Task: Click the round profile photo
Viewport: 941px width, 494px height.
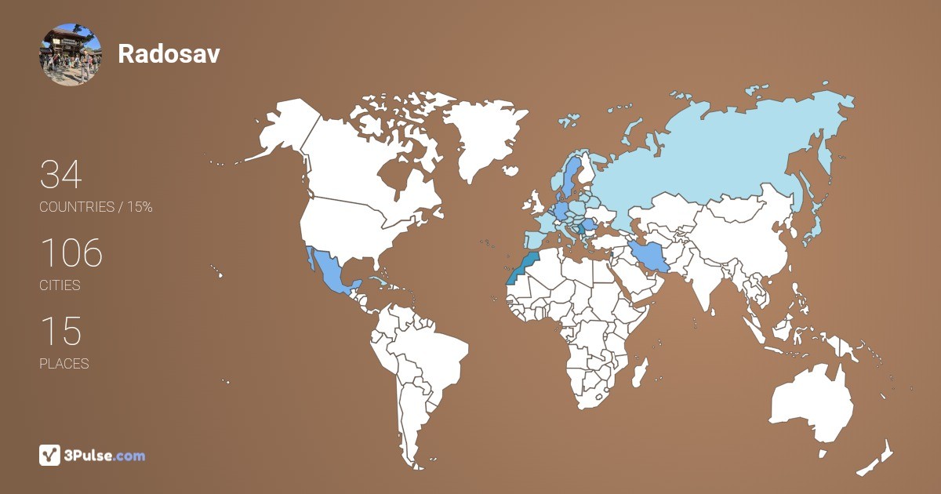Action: pyautogui.click(x=71, y=54)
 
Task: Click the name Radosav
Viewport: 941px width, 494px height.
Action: pyautogui.click(x=169, y=53)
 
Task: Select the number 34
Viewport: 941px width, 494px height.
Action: pyautogui.click(x=60, y=174)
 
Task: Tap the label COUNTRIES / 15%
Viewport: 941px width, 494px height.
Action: pyautogui.click(x=96, y=207)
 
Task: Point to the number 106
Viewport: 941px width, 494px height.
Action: pyautogui.click(x=71, y=252)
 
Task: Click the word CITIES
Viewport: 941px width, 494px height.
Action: pyautogui.click(x=60, y=285)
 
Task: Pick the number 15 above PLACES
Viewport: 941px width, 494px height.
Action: pyautogui.click(x=60, y=331)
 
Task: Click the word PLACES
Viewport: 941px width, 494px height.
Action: pyautogui.click(x=64, y=364)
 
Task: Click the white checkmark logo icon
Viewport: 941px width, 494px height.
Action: pyautogui.click(x=49, y=455)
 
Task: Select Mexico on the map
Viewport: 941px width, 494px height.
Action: pyautogui.click(x=329, y=274)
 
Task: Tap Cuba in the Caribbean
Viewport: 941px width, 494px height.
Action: pyautogui.click(x=380, y=282)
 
